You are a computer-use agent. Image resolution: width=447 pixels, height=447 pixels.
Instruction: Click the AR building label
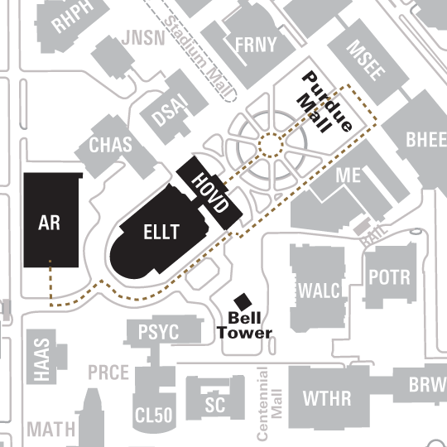pos(50,223)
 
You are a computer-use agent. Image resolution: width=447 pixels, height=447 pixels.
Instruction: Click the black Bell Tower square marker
pos(244,301)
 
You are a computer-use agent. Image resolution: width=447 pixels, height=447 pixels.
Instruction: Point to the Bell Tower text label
pos(244,325)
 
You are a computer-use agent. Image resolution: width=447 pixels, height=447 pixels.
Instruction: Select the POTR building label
pos(389,277)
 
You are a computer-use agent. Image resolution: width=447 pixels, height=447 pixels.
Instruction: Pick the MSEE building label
pos(365,60)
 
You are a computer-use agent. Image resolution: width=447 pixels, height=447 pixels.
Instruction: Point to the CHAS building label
pos(110,147)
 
